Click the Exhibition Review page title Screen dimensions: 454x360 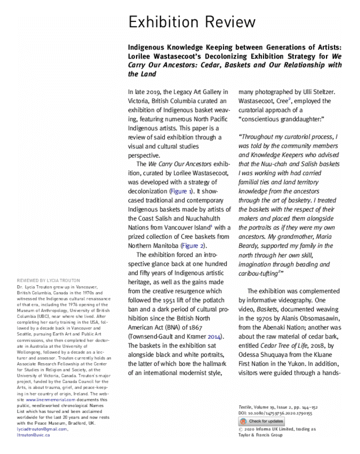(191, 22)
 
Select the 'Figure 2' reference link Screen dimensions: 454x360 (192, 245)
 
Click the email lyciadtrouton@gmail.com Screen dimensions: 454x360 (41, 429)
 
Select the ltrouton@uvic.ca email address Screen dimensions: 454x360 (33, 435)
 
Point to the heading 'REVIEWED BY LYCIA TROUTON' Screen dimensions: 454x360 (48, 280)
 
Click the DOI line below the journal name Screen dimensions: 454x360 (275, 413)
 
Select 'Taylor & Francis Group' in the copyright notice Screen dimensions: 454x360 (260, 435)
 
